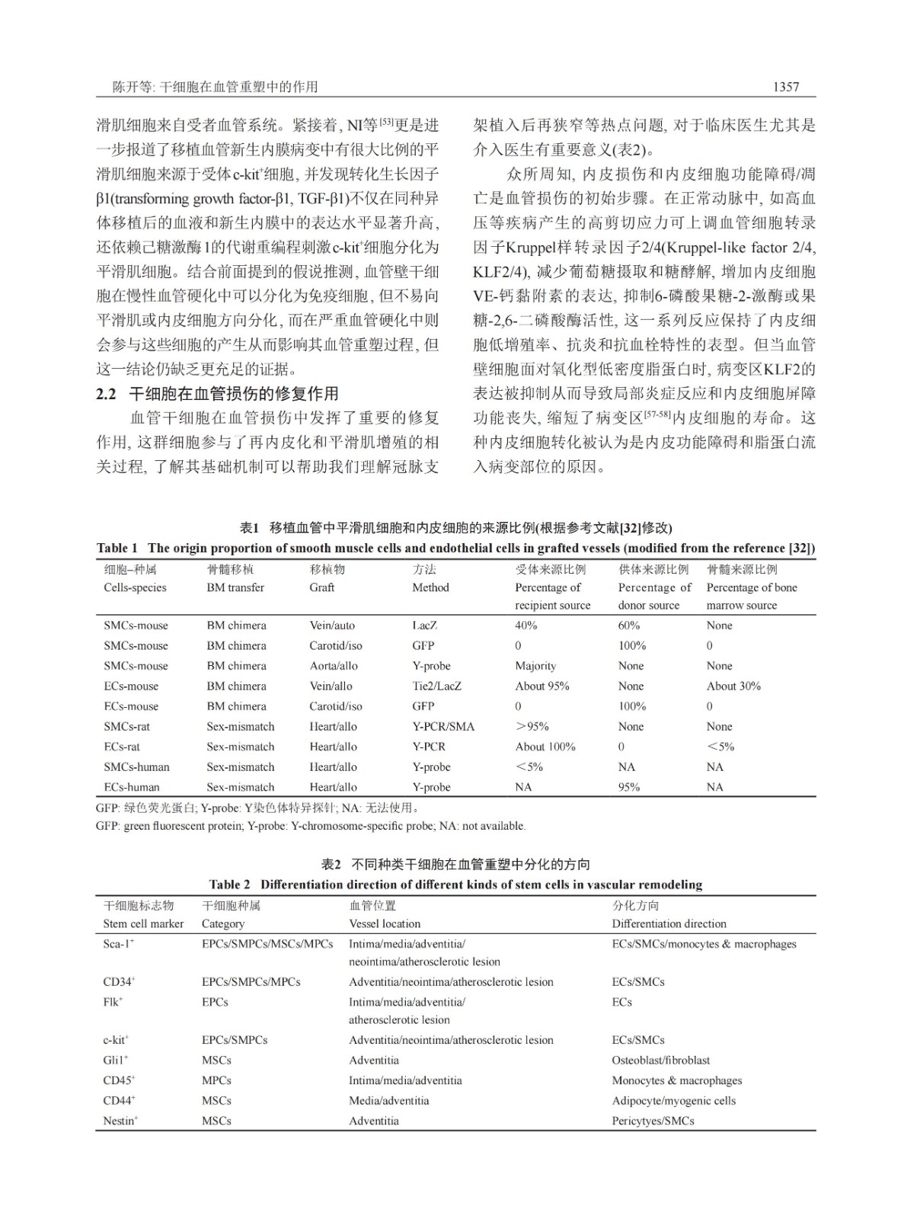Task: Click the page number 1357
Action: (786, 87)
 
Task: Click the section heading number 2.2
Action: (106, 394)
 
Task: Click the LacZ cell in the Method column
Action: (424, 625)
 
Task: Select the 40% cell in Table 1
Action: (526, 625)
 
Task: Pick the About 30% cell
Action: (733, 686)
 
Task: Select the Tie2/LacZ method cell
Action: (437, 686)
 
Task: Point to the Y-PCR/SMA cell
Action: (443, 727)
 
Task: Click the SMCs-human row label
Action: (136, 767)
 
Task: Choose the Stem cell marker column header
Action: (143, 923)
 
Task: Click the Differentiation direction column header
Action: (669, 923)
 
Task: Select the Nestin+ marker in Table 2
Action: (120, 1121)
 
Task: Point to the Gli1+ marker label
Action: (116, 1060)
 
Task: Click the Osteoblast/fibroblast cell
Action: (660, 1060)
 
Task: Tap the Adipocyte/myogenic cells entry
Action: (673, 1100)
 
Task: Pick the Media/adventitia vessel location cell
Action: (388, 1100)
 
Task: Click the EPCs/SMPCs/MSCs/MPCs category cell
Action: (267, 944)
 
